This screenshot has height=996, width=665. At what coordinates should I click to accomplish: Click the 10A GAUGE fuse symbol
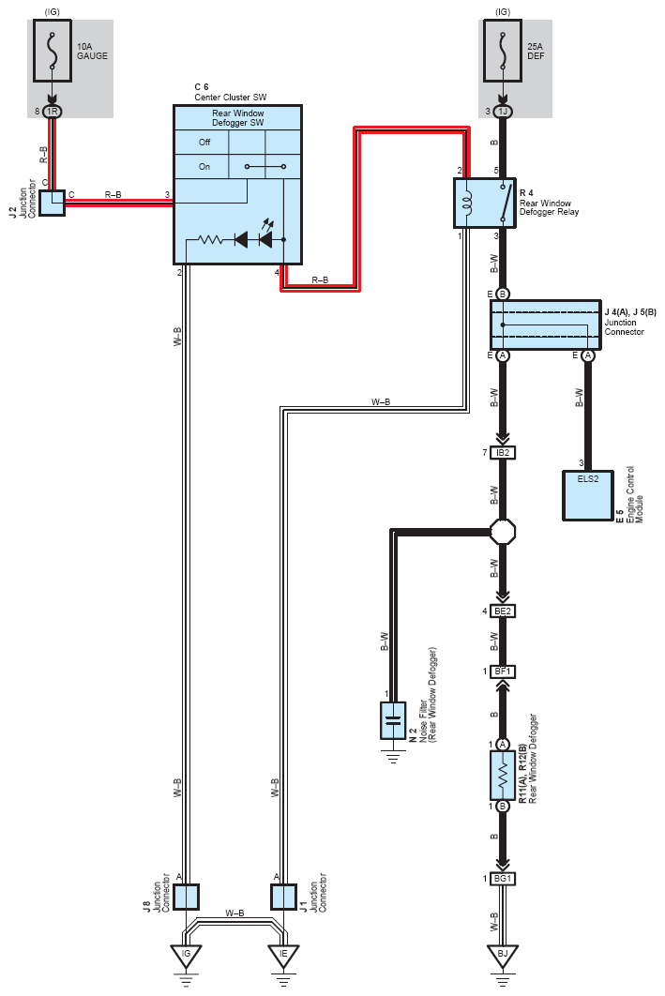pos(53,51)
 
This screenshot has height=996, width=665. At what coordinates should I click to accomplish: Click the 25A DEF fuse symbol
pos(503,51)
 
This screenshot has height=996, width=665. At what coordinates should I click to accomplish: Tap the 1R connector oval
pos(53,112)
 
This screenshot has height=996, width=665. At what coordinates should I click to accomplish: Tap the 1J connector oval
pos(503,112)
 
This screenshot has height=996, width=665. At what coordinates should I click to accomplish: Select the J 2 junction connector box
pos(53,203)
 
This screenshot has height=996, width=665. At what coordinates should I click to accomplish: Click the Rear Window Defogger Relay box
pos(485,203)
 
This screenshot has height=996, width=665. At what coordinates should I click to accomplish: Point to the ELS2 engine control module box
pos(588,495)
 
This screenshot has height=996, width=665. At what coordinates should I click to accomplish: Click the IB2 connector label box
pos(503,453)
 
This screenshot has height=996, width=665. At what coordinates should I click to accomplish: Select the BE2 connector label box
pos(503,611)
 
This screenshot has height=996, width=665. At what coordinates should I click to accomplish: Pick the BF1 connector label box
pos(503,672)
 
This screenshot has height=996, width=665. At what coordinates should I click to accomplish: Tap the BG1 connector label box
pos(503,879)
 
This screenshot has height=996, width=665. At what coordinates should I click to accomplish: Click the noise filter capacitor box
pos(393,720)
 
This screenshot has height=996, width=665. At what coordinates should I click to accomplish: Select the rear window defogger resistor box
pos(503,776)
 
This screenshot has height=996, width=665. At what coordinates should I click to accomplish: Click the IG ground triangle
pos(186,956)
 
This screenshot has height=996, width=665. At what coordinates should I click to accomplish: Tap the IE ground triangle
pos(283,956)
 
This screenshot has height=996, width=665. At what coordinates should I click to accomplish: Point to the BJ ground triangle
pos(503,956)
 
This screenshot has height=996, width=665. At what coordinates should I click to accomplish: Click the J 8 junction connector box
pos(186,897)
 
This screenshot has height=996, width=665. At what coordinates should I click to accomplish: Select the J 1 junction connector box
pos(283,897)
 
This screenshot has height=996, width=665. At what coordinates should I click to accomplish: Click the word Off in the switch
pos(204,143)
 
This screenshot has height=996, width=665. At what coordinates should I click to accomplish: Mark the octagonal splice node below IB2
pos(503,532)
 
